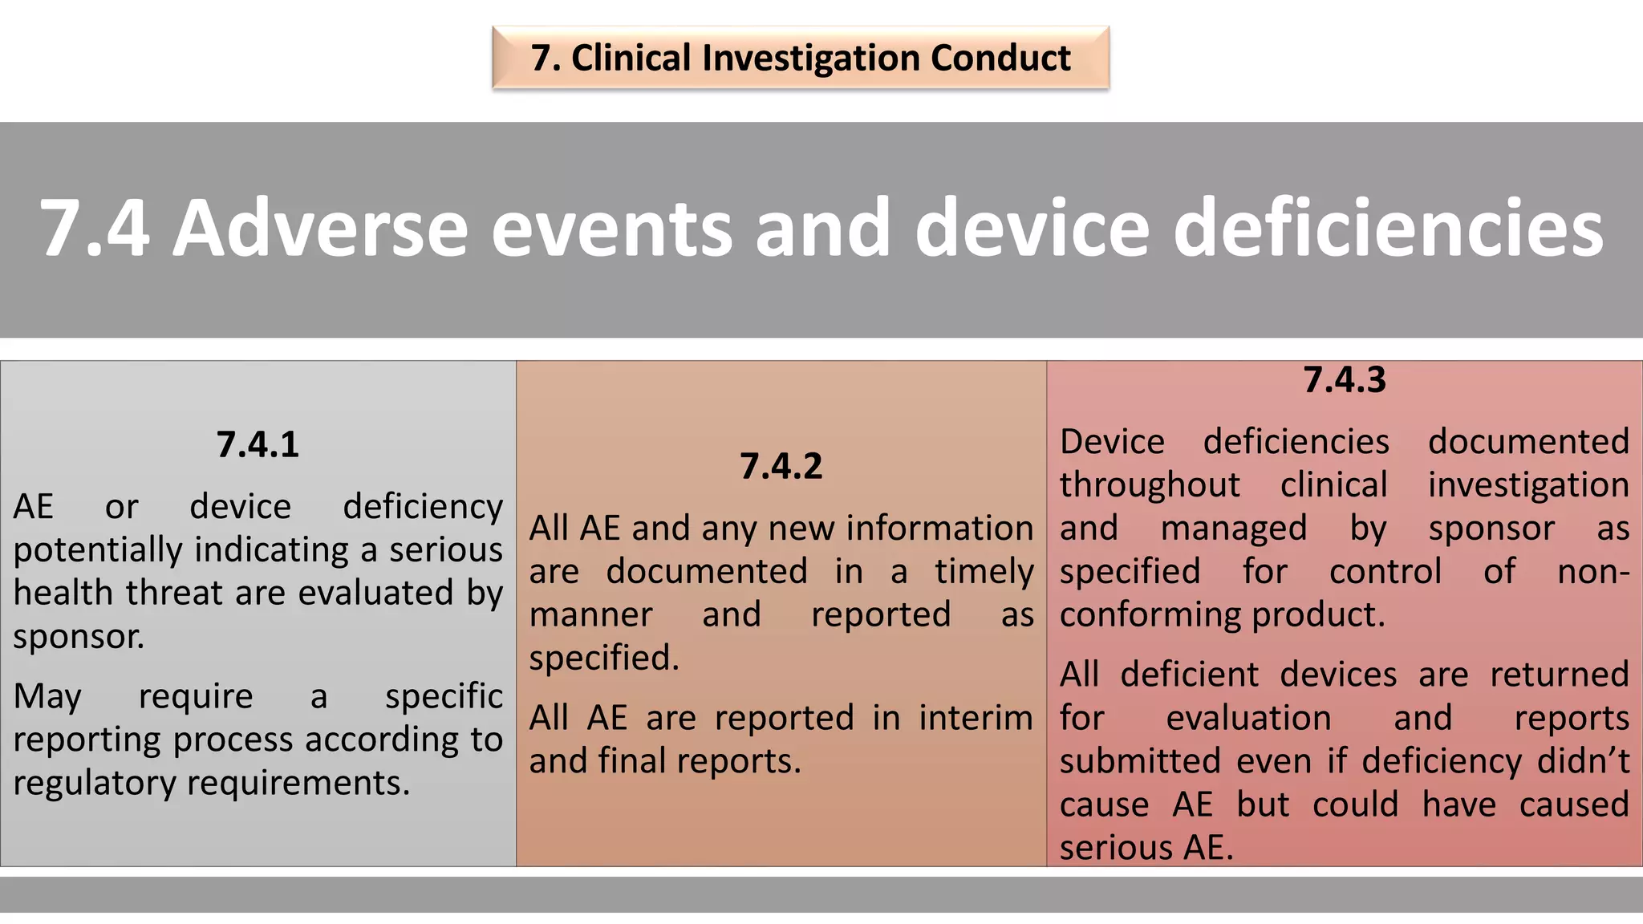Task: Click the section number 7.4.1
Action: (x=258, y=445)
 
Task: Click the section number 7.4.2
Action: (x=781, y=467)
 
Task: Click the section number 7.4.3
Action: (x=1344, y=380)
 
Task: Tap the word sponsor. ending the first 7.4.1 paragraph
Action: (x=79, y=638)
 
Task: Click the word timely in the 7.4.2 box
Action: (x=984, y=572)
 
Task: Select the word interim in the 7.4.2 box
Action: (x=976, y=718)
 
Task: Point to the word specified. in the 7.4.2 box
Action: (x=603, y=659)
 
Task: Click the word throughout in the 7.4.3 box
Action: (x=1149, y=486)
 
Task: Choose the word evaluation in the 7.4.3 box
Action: (x=1248, y=718)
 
